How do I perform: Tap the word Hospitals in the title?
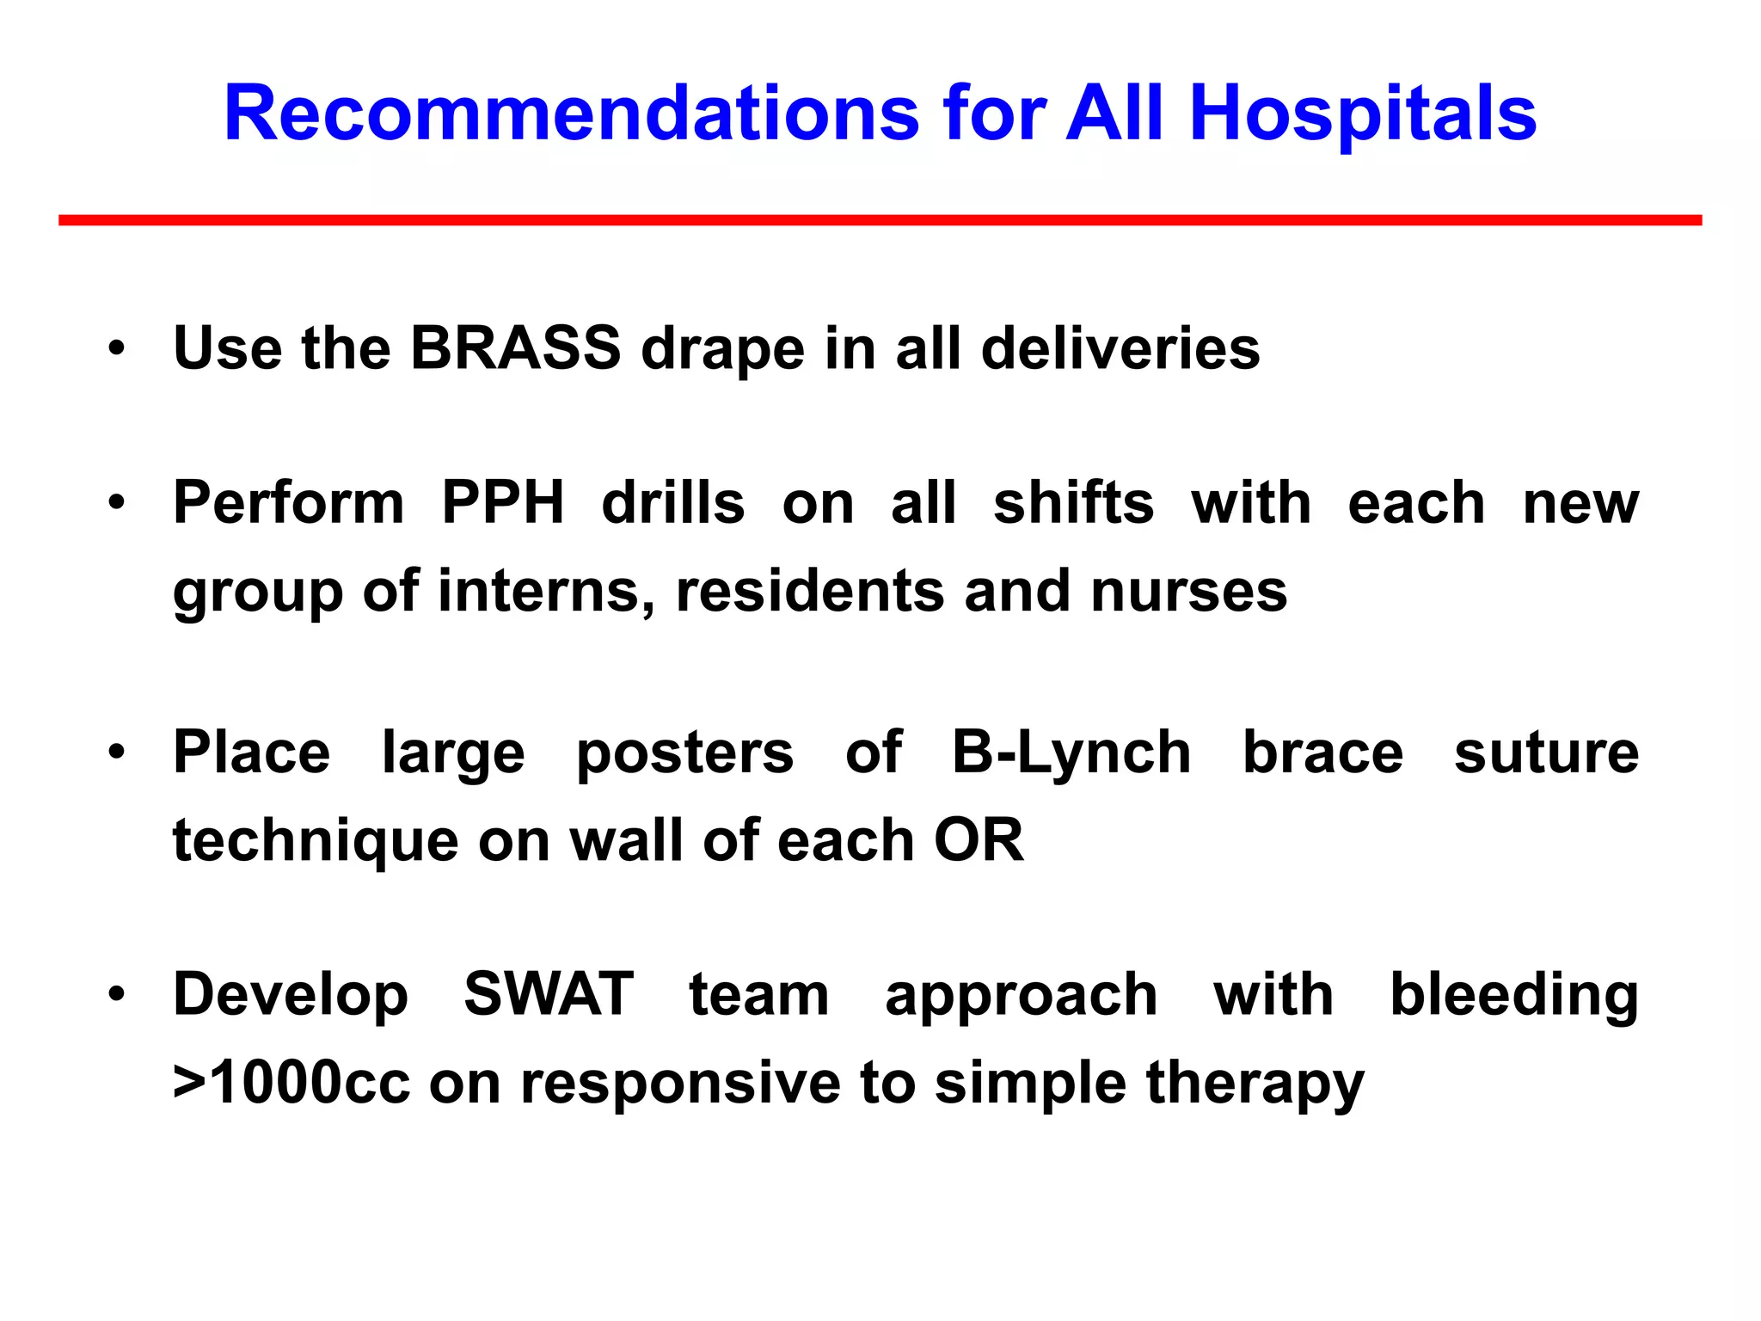pos(1363,114)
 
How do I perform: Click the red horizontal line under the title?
pos(880,221)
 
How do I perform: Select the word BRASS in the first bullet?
pos(515,348)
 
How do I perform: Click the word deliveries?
pos(1120,348)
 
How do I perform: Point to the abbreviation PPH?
pos(503,502)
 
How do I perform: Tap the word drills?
pos(672,502)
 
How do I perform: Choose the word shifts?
pos(1073,502)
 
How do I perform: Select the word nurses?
pos(1188,591)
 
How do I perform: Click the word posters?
pos(684,753)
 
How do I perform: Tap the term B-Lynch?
pos(1071,753)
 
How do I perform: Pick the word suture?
pos(1546,753)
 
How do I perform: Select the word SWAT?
pos(549,994)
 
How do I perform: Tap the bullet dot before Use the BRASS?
pos(117,349)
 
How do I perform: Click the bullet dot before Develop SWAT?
pos(117,995)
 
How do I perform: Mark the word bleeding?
pos(1513,994)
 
